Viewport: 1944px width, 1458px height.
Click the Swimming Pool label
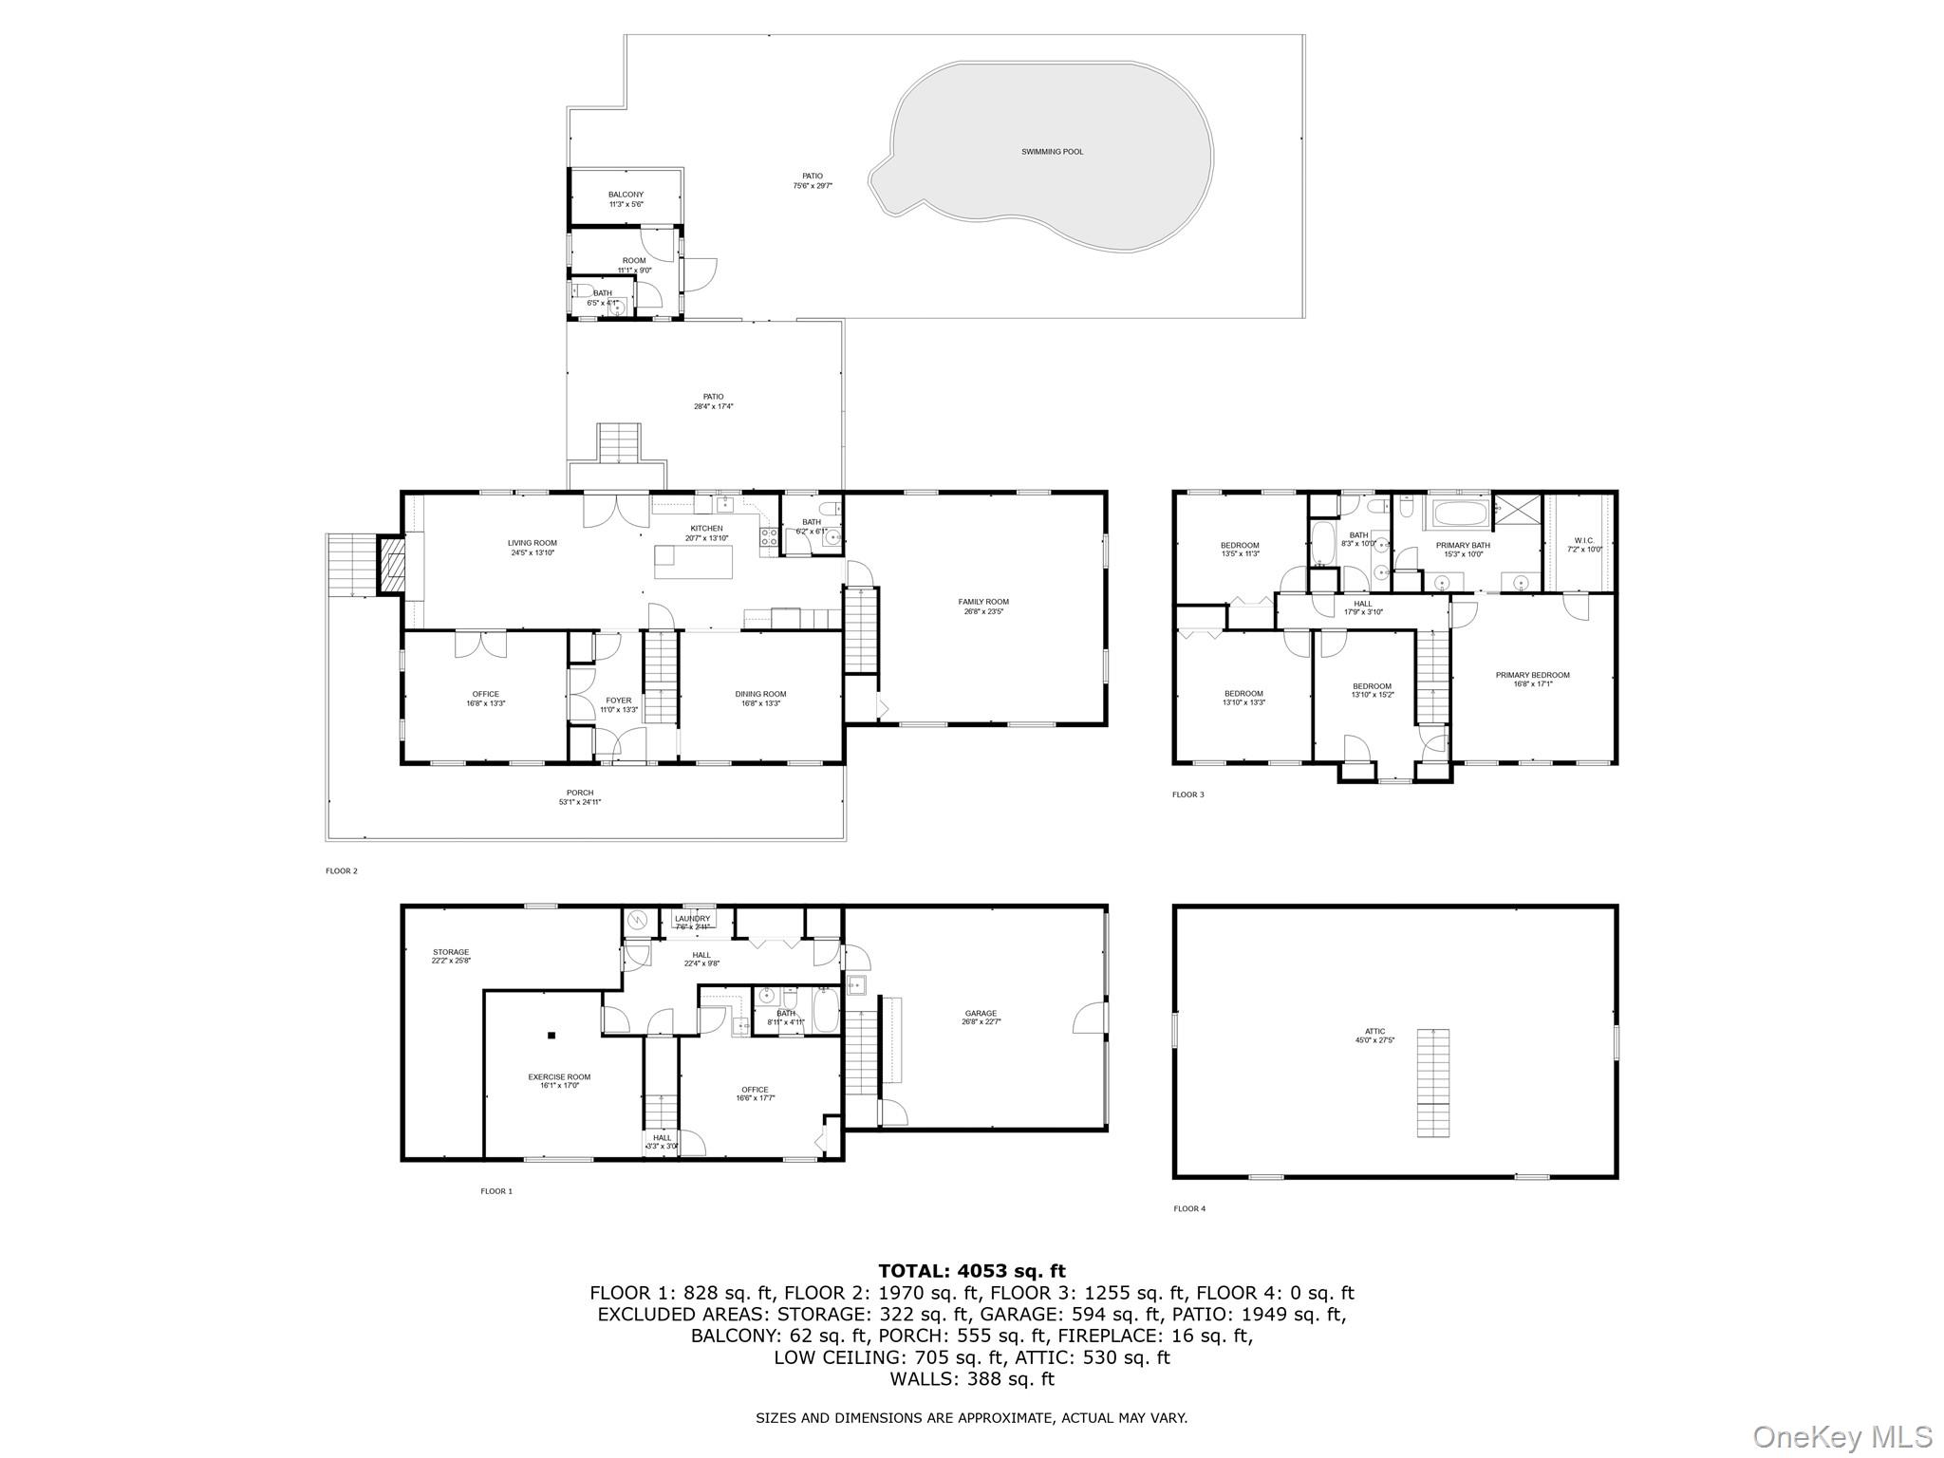[x=1052, y=152]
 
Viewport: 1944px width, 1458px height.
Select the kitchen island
[x=694, y=561]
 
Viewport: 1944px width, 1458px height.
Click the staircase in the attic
[x=1433, y=1082]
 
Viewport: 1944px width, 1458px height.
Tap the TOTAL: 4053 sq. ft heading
[x=971, y=1271]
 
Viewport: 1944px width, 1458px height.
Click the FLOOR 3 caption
[x=1187, y=794]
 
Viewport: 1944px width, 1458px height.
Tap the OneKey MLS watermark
[x=1841, y=1436]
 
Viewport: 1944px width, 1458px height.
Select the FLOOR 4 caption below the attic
[x=1188, y=1208]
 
